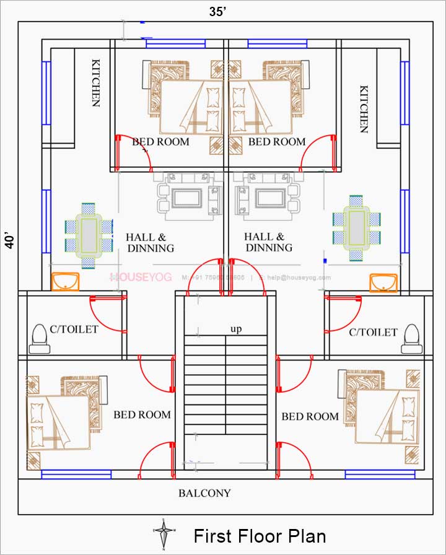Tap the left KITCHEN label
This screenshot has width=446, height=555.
point(95,83)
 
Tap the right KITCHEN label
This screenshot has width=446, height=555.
point(364,109)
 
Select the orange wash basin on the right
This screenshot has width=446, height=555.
point(383,282)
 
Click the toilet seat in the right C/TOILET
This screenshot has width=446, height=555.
point(411,336)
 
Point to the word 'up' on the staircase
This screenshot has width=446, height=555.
point(236,329)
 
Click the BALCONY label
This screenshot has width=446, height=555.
point(204,493)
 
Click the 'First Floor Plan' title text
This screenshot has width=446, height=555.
point(260,536)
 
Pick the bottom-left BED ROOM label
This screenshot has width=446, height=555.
point(142,414)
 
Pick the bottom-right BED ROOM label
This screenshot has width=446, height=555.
point(310,416)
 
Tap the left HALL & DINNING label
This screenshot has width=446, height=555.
point(151,242)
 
